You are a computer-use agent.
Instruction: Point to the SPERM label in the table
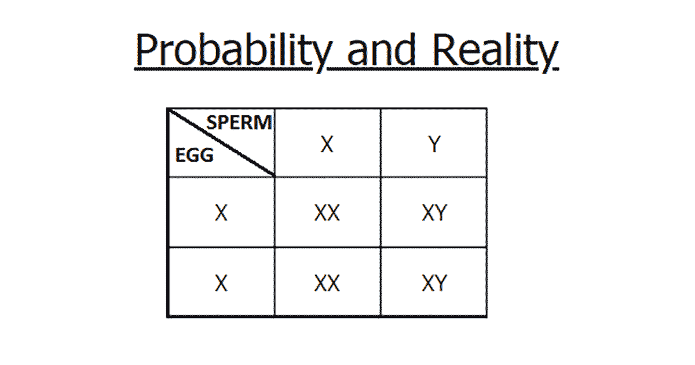239,123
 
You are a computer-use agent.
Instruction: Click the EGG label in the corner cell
194,155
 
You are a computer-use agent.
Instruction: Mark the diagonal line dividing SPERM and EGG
221,142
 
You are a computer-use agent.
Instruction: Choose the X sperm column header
327,144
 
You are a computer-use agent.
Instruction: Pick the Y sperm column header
434,144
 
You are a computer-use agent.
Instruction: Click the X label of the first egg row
221,214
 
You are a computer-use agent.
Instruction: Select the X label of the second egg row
221,283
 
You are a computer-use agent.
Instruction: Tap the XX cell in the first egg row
327,214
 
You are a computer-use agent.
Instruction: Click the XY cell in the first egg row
434,214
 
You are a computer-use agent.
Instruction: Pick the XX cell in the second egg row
327,283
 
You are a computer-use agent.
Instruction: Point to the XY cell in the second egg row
434,283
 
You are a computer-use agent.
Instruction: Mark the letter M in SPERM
264,123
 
